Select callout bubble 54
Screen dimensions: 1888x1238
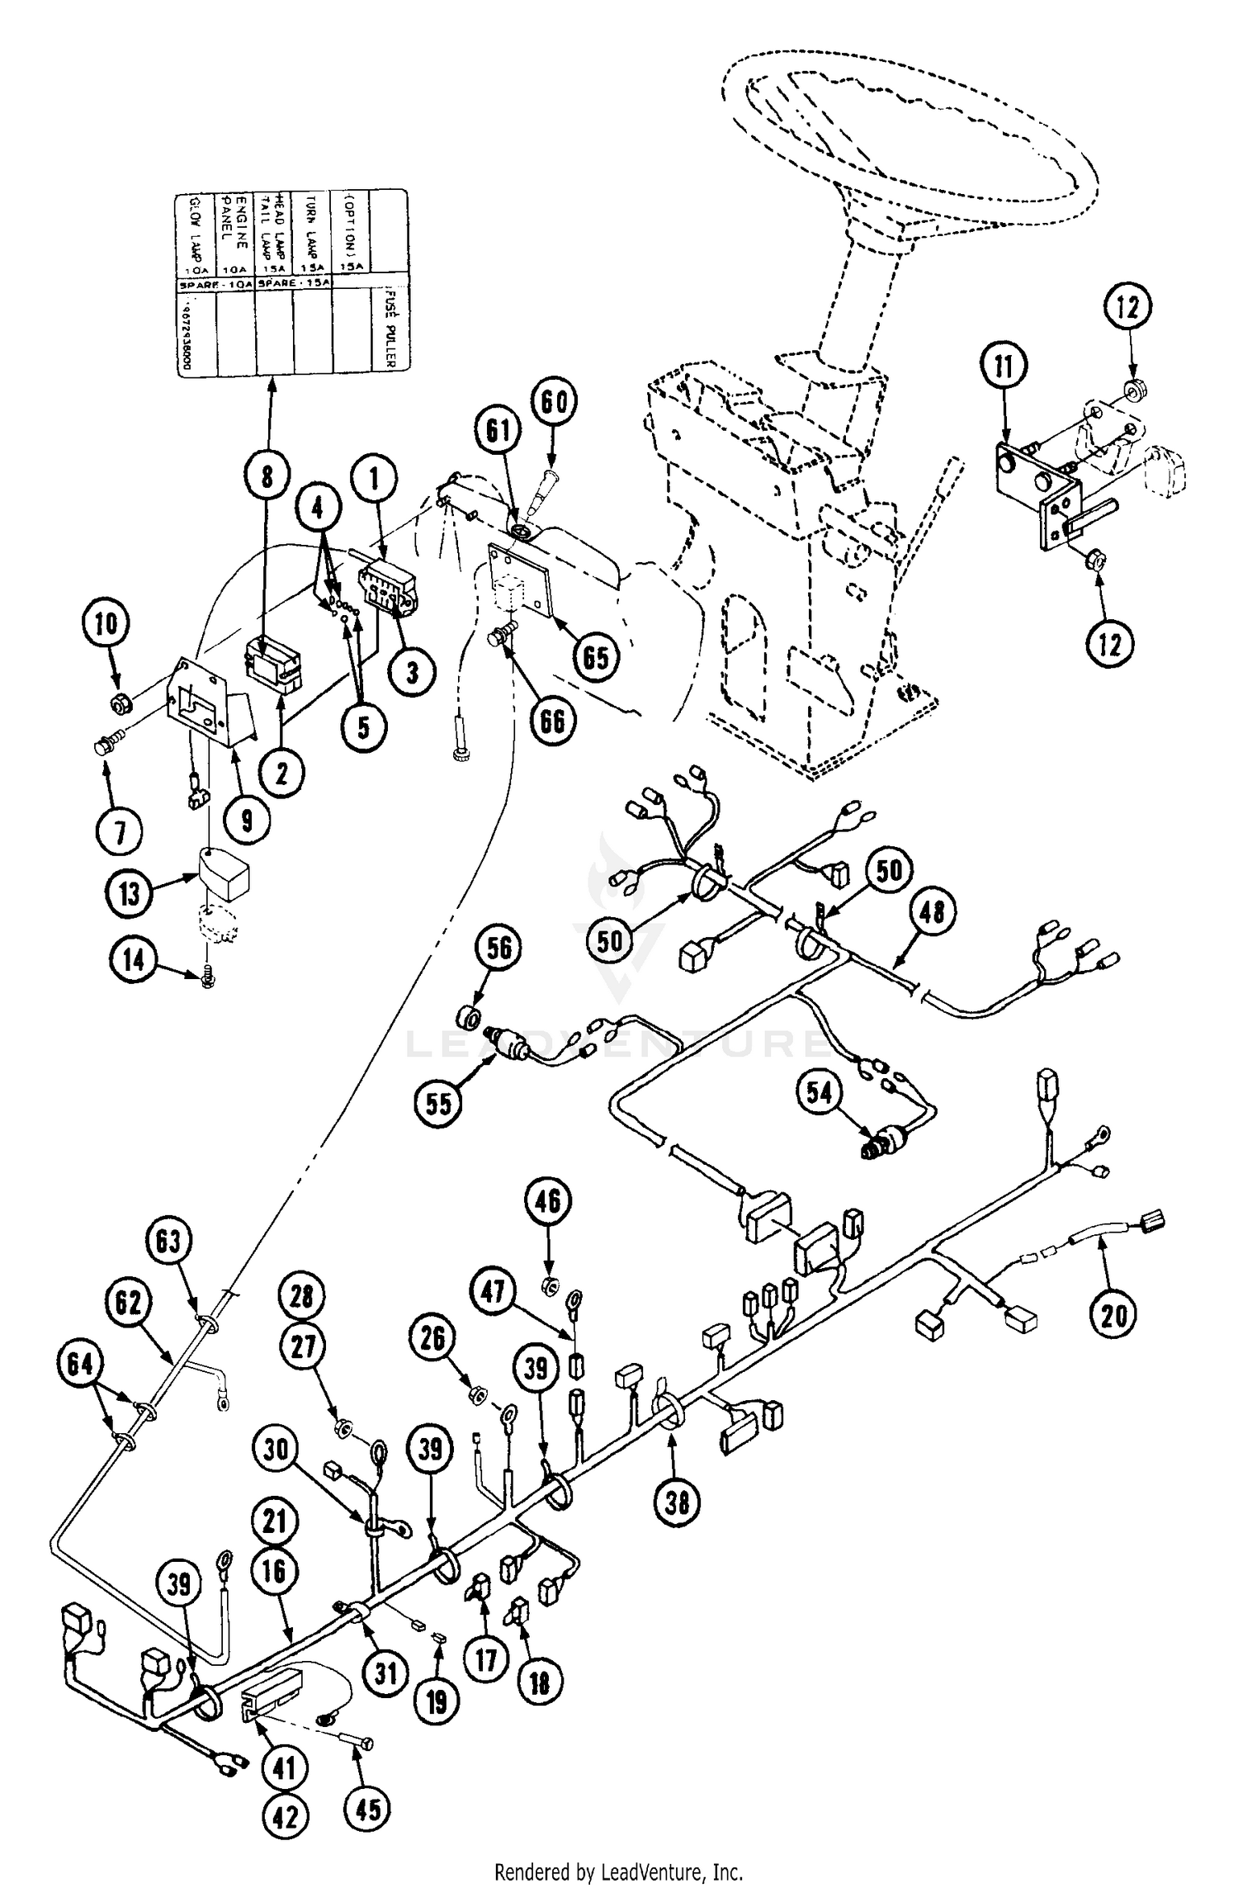point(820,1093)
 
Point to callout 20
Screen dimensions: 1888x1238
point(1113,1315)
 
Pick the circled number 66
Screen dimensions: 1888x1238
point(552,721)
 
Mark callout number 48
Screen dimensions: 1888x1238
point(932,911)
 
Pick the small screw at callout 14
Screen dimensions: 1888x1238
point(207,979)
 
